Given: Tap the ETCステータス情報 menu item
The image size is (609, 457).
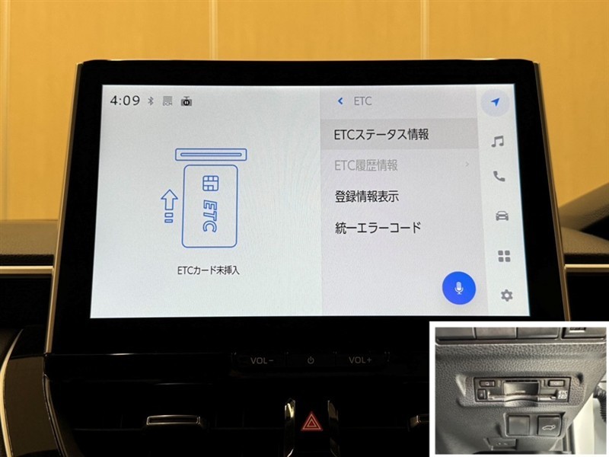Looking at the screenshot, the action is click(x=381, y=135).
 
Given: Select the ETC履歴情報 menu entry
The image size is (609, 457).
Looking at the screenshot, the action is click(x=366, y=165).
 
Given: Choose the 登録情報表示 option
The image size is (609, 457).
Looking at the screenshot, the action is click(x=367, y=197).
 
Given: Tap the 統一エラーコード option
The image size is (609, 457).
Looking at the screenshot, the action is click(x=378, y=227).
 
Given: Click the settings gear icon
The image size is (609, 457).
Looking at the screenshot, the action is click(x=506, y=296).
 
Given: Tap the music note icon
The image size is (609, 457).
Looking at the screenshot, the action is click(x=498, y=142).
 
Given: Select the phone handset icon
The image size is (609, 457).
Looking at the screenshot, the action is click(x=499, y=177).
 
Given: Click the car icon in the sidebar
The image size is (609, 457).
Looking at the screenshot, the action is click(x=502, y=216).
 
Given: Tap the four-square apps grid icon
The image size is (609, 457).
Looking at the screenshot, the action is click(x=504, y=257).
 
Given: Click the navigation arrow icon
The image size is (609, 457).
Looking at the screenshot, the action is click(x=495, y=102).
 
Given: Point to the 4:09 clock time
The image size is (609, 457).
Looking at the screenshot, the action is click(x=125, y=101).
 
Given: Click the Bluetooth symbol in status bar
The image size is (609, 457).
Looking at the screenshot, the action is click(x=151, y=101).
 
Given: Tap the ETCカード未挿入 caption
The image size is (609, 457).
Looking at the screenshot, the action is click(x=208, y=270).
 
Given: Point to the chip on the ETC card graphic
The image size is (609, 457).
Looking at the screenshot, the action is click(x=211, y=183).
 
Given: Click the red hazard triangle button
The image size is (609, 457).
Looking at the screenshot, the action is click(x=310, y=423).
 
